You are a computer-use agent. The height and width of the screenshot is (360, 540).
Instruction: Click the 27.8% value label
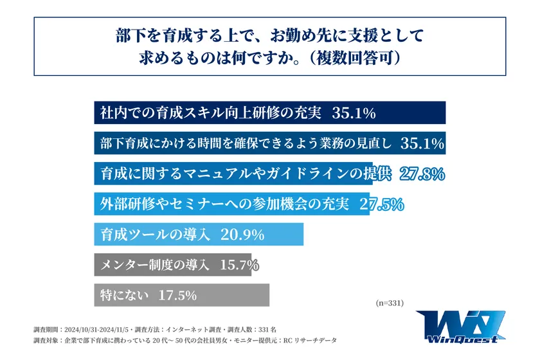pyautogui.click(x=422, y=174)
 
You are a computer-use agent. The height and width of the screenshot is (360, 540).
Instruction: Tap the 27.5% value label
pyautogui.click(x=381, y=204)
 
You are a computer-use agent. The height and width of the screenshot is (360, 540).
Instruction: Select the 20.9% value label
pyautogui.click(x=242, y=235)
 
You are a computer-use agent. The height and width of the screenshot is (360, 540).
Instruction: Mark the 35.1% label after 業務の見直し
pyautogui.click(x=422, y=144)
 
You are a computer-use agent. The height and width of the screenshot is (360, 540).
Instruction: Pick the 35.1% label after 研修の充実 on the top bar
pyautogui.click(x=353, y=113)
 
